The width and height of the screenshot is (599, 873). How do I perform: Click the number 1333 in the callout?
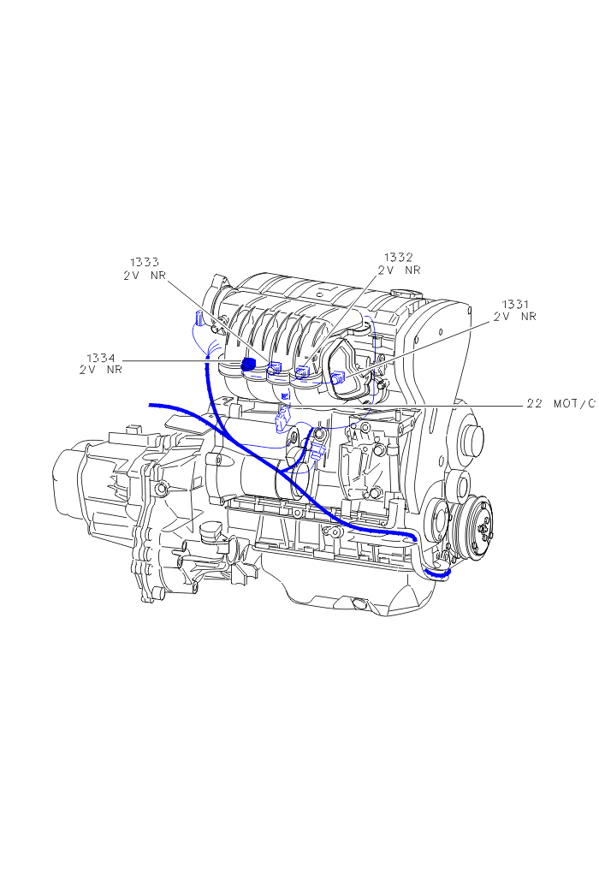pyautogui.click(x=144, y=263)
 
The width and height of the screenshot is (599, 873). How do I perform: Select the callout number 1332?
pyautogui.click(x=398, y=257)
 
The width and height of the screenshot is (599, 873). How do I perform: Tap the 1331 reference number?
pyautogui.click(x=515, y=304)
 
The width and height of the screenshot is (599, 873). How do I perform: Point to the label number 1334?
pyautogui.click(x=100, y=358)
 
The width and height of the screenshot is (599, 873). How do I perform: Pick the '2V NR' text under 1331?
pyautogui.click(x=515, y=317)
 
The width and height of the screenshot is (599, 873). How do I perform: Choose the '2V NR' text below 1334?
pyautogui.click(x=100, y=371)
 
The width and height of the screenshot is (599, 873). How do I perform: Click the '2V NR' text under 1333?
pyautogui.click(x=144, y=276)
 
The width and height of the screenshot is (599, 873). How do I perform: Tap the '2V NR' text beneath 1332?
pyautogui.click(x=400, y=270)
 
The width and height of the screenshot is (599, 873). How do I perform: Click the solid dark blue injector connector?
pyautogui.click(x=249, y=365)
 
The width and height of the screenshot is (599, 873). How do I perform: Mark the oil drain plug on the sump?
pyautogui.click(x=359, y=603)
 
